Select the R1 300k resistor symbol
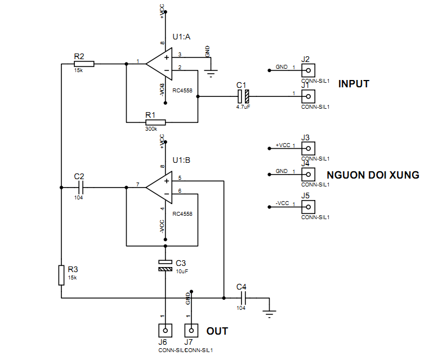[155, 122]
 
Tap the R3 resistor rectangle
[61, 275]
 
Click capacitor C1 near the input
[243, 96]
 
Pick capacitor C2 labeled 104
[80, 186]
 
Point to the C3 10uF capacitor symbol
[165, 266]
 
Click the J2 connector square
[307, 70]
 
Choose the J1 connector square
[307, 96]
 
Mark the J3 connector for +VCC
[307, 148]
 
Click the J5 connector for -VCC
[307, 207]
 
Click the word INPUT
[354, 84]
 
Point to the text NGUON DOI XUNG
[373, 175]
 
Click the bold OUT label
[217, 331]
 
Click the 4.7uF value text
[243, 106]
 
